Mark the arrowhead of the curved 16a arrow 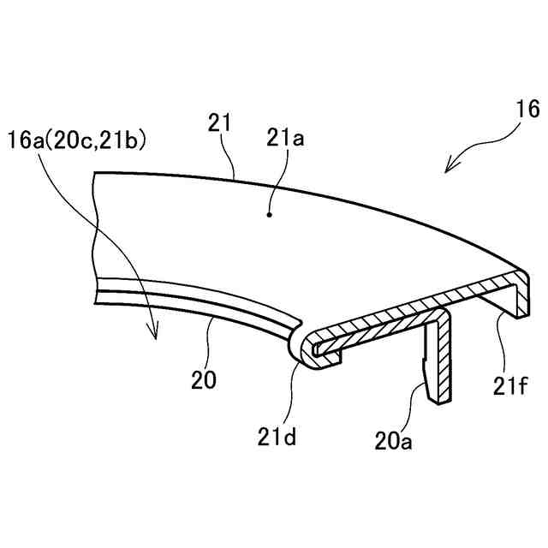coord(155,337)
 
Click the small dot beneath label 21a coord(270,216)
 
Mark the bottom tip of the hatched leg coord(440,397)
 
